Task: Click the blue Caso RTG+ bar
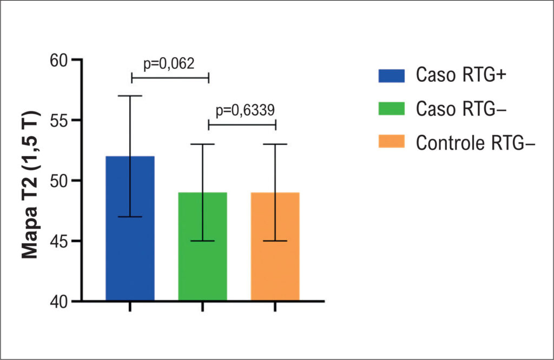pos(130,228)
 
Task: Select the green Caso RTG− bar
pos(202,246)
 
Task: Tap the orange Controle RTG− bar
pos(275,246)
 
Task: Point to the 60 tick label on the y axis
pos(58,61)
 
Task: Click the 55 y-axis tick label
pos(58,121)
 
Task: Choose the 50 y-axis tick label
pos(58,181)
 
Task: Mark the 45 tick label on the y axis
pos(58,242)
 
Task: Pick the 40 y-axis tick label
pos(58,302)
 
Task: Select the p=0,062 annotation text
pos(169,64)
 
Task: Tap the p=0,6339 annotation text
pos(245,110)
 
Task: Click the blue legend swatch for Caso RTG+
pos(392,76)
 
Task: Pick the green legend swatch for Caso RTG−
pos(392,109)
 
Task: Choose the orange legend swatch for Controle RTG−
pos(392,141)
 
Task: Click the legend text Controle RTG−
pos(476,143)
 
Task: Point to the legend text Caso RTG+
pos(461,75)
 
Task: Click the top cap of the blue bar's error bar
pos(130,96)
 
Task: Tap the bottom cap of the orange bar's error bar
pos(275,241)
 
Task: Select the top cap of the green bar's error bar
pos(202,144)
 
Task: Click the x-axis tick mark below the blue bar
pos(130,306)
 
